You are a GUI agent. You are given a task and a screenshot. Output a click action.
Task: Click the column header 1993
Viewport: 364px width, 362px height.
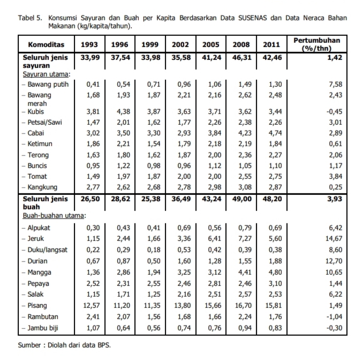(x=89, y=44)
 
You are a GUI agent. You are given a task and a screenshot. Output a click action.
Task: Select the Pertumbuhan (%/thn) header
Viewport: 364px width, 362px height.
(x=317, y=44)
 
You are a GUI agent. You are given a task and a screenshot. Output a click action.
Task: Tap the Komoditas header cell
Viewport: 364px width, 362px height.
(x=46, y=44)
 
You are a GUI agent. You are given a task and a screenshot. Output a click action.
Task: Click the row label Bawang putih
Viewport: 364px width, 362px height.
(x=48, y=84)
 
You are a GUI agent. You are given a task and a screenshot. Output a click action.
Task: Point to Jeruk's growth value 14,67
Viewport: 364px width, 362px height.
(x=334, y=238)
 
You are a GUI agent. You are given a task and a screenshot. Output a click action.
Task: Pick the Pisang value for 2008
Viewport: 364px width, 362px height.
(x=243, y=305)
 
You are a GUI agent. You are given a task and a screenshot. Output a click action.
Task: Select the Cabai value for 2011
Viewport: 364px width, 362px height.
(x=275, y=133)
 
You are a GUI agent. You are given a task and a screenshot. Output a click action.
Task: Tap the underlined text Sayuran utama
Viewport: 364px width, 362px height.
(x=45, y=74)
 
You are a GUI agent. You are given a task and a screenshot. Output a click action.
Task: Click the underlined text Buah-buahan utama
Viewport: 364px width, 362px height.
(x=53, y=216)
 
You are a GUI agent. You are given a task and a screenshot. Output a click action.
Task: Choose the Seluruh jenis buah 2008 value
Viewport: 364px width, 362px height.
(x=242, y=199)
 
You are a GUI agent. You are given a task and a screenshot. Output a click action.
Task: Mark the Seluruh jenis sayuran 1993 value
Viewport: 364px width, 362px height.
(x=90, y=57)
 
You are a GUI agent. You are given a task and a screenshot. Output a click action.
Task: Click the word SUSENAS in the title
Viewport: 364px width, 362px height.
(x=253, y=18)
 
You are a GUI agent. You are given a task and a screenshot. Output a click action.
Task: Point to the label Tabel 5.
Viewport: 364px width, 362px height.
(x=30, y=18)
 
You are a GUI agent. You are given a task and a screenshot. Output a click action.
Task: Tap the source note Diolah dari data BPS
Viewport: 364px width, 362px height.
(x=79, y=345)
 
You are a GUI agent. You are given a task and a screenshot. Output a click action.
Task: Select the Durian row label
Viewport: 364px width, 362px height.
(x=37, y=261)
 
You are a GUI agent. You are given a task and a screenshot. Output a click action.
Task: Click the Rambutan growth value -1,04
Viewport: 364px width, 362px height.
(x=334, y=316)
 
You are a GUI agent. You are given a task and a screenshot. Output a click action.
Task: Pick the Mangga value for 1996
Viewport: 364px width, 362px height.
(x=123, y=272)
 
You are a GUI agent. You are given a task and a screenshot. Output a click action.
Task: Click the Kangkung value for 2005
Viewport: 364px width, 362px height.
(x=215, y=187)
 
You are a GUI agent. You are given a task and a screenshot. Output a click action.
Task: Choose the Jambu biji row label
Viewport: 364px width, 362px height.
(x=43, y=328)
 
